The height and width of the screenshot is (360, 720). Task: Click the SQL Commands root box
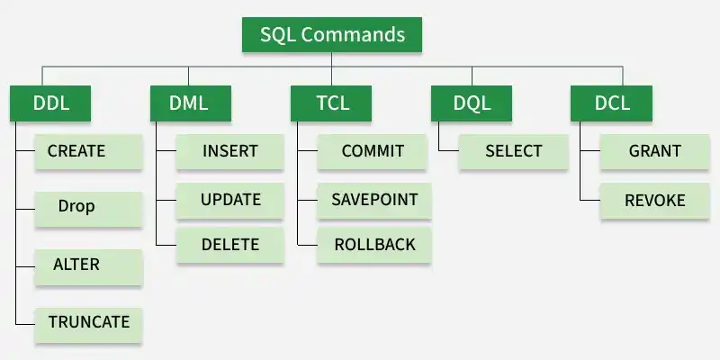331,34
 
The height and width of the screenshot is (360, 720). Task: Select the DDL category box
50,103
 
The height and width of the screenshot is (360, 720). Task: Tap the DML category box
191,103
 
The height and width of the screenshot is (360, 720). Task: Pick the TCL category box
331,103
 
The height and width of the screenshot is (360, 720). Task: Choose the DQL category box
472,103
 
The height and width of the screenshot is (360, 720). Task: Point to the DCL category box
612,103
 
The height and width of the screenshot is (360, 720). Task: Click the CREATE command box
88,151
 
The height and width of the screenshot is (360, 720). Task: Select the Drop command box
88,209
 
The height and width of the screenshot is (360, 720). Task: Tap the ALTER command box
88,266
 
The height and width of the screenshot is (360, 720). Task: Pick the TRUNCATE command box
88,325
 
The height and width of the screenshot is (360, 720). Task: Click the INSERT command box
230,151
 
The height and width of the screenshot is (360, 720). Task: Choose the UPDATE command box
230,200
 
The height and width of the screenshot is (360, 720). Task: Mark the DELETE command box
230,245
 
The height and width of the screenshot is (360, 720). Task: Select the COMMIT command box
373,151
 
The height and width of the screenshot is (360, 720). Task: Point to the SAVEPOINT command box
374,200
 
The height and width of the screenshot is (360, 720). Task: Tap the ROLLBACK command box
374,245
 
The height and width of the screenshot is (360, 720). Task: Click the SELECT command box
513,151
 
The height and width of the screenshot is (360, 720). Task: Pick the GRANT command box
655,151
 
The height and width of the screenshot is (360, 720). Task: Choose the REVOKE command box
655,201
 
